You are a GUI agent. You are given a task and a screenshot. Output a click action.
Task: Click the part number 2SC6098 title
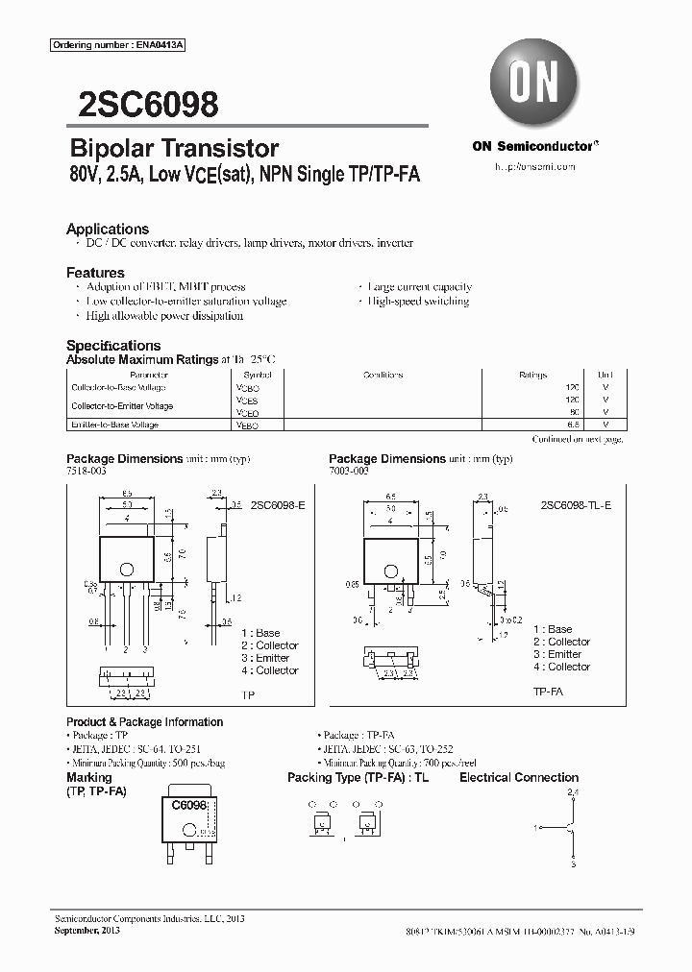tap(142, 104)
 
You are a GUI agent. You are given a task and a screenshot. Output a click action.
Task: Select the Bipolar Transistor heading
tap(174, 148)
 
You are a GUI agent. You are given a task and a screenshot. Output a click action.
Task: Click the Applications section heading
tap(108, 229)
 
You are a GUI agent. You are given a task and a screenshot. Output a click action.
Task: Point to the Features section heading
tap(95, 272)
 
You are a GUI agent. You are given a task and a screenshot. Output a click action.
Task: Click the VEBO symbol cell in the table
tap(247, 424)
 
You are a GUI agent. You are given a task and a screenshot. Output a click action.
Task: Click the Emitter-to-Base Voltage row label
tap(114, 424)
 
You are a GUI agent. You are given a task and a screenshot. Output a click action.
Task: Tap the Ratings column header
tap(533, 375)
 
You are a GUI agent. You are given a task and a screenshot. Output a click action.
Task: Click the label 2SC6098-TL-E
tap(575, 504)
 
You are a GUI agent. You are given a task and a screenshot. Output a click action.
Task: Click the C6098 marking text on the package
tap(189, 807)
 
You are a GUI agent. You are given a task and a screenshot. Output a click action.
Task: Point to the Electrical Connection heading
tap(519, 777)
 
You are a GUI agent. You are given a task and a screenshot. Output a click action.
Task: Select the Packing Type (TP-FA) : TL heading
tap(358, 777)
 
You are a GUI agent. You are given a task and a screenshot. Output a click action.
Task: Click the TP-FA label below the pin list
tap(548, 692)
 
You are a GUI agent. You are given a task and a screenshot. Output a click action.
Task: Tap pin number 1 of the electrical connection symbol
tap(535, 826)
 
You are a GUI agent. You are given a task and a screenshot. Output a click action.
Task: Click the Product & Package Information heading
tap(144, 721)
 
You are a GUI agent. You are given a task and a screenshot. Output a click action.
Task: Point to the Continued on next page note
tap(577, 439)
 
